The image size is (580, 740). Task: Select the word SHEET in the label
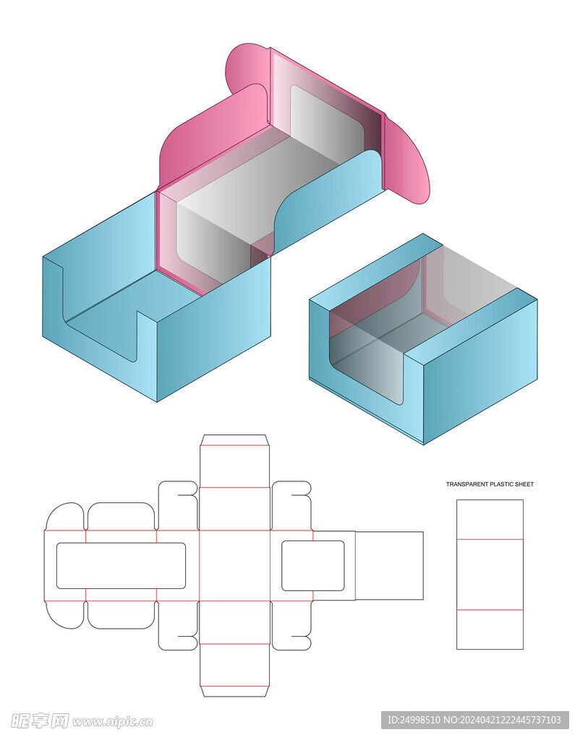523,484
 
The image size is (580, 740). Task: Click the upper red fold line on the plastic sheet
490,539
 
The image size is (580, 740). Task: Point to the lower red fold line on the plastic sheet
490,610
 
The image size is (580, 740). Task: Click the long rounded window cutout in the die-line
121,566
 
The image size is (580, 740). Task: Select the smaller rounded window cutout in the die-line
313,566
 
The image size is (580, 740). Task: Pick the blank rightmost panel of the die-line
389,566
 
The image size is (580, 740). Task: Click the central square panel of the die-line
235,566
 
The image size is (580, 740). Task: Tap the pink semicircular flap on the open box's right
406,160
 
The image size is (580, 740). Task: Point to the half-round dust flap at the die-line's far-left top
64,516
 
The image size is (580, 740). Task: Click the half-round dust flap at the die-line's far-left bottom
64,615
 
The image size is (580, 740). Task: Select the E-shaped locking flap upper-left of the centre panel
178,505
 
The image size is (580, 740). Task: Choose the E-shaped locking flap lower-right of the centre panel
291,626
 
